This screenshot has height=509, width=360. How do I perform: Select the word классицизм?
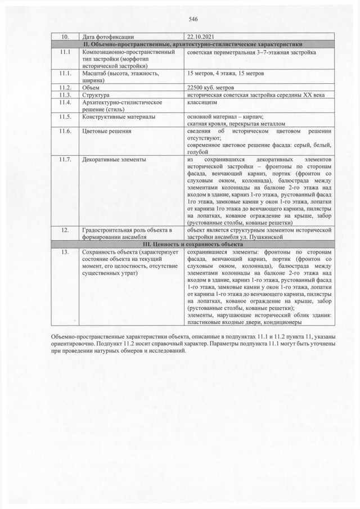point(202,102)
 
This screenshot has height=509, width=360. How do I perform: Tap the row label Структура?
point(96,95)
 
